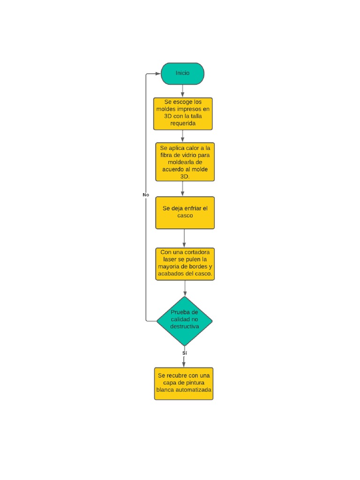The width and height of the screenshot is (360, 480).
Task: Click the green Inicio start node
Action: pyautogui.click(x=182, y=74)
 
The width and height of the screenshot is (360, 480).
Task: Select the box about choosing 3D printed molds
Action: pyautogui.click(x=182, y=113)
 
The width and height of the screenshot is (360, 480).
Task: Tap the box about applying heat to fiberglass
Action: pyautogui.click(x=185, y=162)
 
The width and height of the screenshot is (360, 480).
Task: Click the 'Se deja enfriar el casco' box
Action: pyautogui.click(x=185, y=212)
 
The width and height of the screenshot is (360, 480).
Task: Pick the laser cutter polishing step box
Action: pyautogui.click(x=185, y=264)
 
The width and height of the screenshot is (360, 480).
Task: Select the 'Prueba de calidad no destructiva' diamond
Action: pyautogui.click(x=184, y=321)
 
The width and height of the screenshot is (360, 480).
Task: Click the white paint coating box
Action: pyautogui.click(x=183, y=383)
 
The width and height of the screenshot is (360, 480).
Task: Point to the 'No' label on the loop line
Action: pyautogui.click(x=146, y=195)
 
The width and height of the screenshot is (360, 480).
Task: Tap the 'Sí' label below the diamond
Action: pyautogui.click(x=184, y=352)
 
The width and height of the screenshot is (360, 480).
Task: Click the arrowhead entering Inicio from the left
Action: pyautogui.click(x=157, y=74)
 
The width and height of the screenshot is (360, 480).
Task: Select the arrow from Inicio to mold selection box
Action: pyautogui.click(x=182, y=91)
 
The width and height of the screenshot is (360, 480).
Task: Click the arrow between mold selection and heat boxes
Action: pyautogui.click(x=182, y=136)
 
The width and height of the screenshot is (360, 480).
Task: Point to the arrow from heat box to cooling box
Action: pyautogui.click(x=182, y=188)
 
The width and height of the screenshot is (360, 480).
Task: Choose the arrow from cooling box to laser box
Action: pyautogui.click(x=184, y=238)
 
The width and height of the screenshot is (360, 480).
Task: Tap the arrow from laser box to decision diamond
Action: pyautogui.click(x=185, y=288)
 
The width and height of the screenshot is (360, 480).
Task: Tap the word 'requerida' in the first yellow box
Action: pyautogui.click(x=183, y=123)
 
